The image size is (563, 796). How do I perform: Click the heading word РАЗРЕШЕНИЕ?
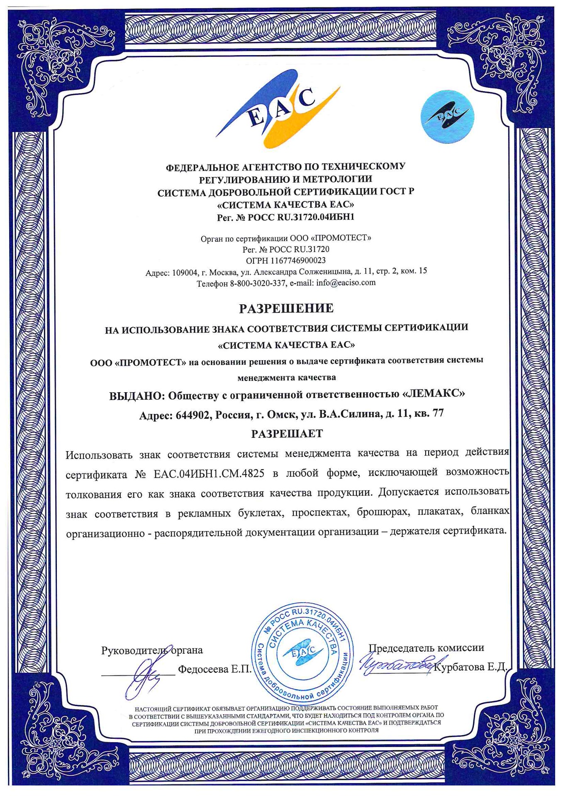point(286,308)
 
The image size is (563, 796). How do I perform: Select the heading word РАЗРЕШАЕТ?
point(287,434)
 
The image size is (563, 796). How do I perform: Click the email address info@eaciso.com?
point(346,283)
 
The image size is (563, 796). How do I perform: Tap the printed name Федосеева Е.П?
point(215,669)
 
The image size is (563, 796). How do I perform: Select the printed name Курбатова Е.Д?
point(470,667)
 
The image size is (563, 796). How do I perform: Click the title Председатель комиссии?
point(426,648)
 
